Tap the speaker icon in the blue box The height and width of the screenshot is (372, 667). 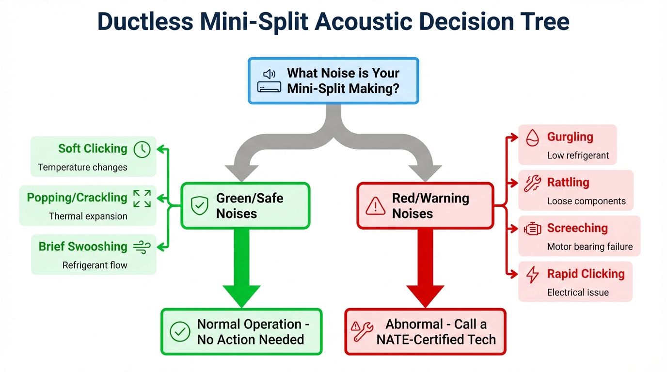click(269, 74)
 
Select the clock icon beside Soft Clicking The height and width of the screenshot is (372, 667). click(142, 150)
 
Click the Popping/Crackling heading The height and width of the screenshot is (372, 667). click(77, 198)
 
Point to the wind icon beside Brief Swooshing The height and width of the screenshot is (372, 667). click(142, 247)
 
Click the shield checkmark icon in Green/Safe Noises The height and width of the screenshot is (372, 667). click(199, 206)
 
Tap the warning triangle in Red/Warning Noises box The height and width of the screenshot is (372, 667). click(375, 206)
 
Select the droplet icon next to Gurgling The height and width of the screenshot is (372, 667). click(532, 138)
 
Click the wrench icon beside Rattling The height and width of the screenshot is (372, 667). click(532, 184)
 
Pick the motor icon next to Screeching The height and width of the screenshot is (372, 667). click(532, 229)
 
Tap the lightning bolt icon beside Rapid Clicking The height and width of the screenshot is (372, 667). click(532, 275)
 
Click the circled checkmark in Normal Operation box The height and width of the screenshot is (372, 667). click(180, 332)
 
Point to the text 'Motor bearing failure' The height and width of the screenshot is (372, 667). click(589, 247)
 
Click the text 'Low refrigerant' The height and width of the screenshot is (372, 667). click(578, 156)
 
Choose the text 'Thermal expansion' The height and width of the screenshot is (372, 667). click(88, 217)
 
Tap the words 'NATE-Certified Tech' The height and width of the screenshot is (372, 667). click(436, 340)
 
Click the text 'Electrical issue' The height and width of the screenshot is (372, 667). click(578, 293)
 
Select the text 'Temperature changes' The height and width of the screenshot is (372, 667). click(82, 168)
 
